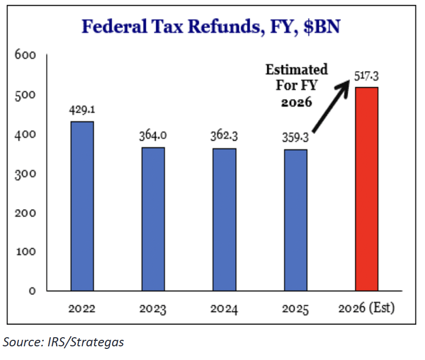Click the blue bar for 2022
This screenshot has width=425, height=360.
(x=82, y=206)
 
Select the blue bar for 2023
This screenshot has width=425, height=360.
(x=153, y=219)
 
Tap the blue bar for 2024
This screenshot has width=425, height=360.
(x=224, y=219)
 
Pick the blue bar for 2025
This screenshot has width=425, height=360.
(x=295, y=220)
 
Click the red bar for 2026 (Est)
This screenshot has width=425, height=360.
(x=366, y=189)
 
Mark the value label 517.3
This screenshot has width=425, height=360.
(x=366, y=76)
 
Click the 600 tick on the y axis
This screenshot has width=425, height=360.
(x=28, y=55)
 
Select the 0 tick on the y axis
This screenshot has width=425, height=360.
(x=32, y=291)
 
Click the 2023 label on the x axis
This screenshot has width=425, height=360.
(x=153, y=309)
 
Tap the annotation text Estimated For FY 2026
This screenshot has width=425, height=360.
(x=296, y=85)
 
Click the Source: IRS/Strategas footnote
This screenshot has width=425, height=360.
(x=64, y=342)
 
